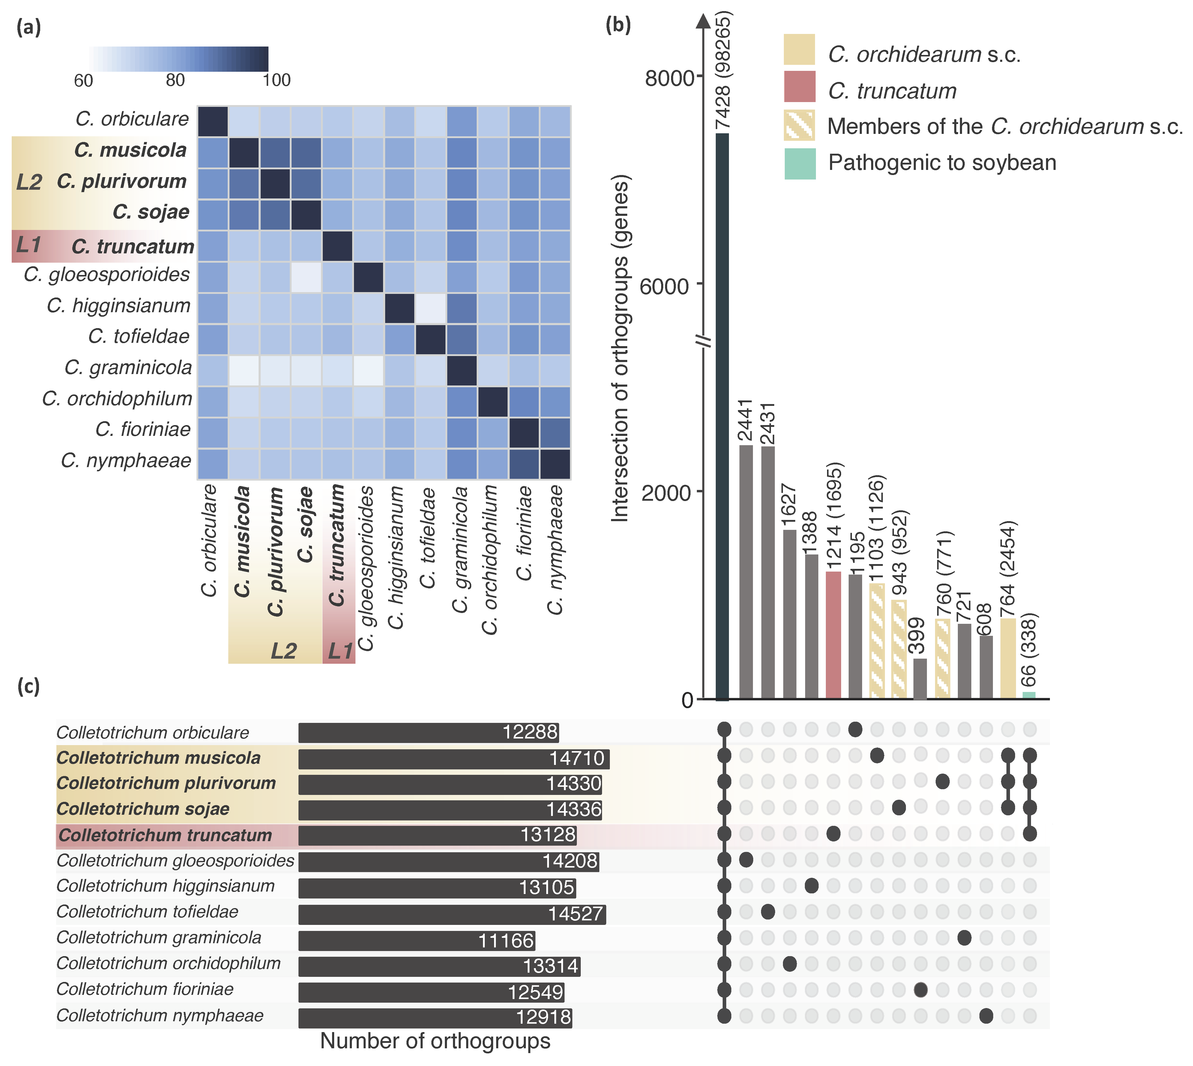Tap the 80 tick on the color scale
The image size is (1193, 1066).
(175, 80)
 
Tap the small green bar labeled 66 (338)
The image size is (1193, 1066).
(1029, 695)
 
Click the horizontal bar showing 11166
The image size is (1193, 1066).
(416, 941)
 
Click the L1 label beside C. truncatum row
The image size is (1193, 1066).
(28, 244)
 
